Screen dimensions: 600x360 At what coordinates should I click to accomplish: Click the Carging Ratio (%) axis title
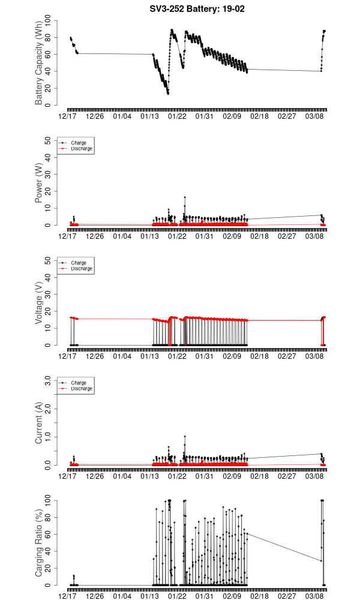[x=39, y=543]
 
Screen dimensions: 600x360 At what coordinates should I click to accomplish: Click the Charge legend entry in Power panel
[x=79, y=143]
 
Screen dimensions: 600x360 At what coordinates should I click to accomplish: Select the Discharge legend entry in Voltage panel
[x=81, y=269]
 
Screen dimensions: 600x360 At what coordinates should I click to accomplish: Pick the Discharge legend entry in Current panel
[x=81, y=389]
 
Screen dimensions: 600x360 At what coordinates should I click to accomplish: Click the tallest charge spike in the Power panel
[x=185, y=197]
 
